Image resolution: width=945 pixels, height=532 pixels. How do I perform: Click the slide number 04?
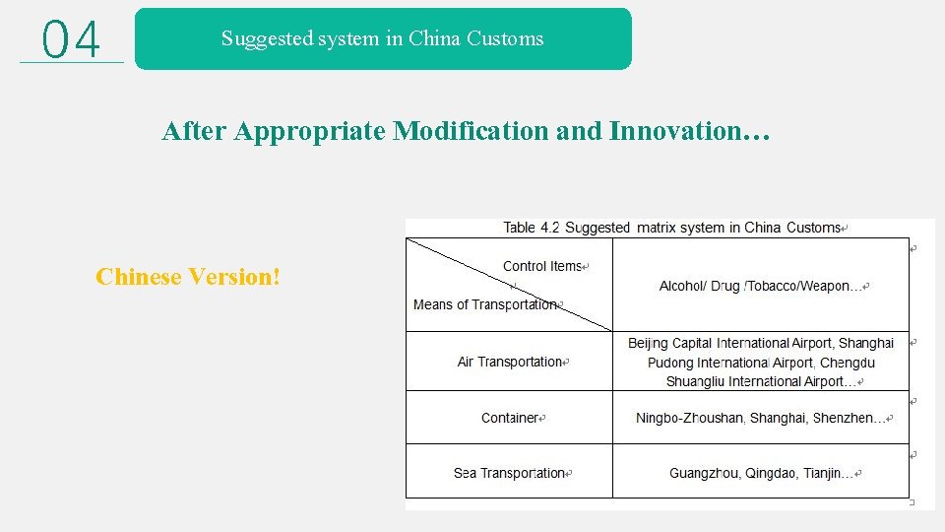[72, 40]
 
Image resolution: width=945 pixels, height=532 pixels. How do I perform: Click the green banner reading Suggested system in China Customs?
[382, 39]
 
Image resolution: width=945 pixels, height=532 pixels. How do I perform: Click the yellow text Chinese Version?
[188, 277]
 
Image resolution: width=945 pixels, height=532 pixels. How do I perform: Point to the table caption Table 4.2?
[532, 228]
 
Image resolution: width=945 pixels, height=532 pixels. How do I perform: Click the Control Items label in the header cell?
[542, 266]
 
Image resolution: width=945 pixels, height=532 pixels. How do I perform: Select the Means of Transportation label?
[485, 304]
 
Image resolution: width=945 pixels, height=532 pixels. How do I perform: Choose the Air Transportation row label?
[509, 362]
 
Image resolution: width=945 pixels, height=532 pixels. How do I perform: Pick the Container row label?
[509, 418]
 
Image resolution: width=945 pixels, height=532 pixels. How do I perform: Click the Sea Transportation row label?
[509, 473]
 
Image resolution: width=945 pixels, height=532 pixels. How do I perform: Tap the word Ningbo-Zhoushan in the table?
[688, 418]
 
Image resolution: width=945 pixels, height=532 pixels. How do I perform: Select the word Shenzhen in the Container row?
[844, 418]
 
